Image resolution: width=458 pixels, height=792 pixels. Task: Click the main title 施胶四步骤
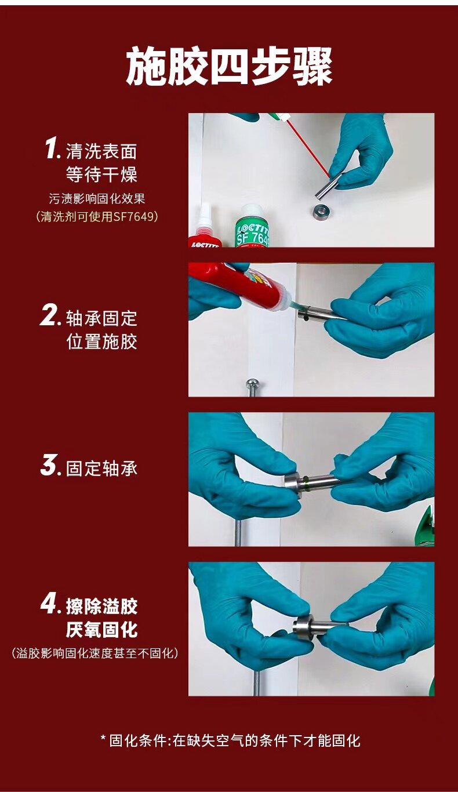(229, 67)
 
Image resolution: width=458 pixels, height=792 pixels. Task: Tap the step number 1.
(52, 149)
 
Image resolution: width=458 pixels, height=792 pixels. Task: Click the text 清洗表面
(101, 151)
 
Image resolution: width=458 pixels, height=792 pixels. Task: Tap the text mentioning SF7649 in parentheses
(97, 216)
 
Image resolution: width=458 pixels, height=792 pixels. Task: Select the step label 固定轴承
(101, 468)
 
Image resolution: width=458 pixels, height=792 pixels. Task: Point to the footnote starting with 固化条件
(230, 740)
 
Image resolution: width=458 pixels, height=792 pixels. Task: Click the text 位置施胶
(102, 341)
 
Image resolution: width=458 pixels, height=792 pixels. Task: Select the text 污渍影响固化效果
(97, 199)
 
